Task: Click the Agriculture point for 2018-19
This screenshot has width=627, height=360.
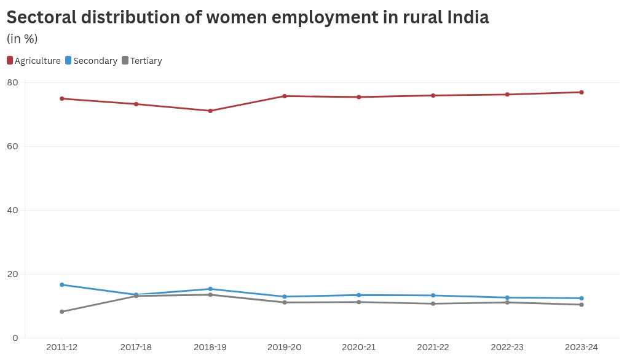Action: (x=210, y=111)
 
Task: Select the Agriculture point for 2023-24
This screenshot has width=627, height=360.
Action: (x=581, y=93)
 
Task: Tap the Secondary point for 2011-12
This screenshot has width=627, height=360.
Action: (x=62, y=285)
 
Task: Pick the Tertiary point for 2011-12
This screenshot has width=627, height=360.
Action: (x=62, y=311)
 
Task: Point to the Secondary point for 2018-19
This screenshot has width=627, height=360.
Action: (x=210, y=289)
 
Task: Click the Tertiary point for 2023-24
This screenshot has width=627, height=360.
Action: (x=581, y=305)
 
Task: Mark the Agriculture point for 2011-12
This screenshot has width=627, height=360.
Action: (x=62, y=99)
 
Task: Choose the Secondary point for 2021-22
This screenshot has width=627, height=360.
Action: (x=433, y=295)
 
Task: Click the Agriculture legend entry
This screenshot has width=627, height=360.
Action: (x=34, y=61)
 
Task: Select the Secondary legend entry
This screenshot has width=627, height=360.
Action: (x=91, y=61)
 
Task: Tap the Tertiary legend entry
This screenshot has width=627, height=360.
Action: (x=142, y=61)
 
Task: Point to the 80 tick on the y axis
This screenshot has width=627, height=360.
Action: (x=13, y=82)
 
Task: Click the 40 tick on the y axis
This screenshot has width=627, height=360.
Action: (x=13, y=210)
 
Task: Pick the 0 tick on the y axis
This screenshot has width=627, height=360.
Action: (x=15, y=338)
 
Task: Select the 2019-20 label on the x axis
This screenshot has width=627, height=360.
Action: (x=285, y=348)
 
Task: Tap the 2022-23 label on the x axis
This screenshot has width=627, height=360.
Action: (x=507, y=348)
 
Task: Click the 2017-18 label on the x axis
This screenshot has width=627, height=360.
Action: (x=136, y=348)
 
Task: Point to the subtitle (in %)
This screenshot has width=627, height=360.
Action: (x=22, y=39)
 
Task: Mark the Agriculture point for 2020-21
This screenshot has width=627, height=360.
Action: (x=359, y=97)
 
